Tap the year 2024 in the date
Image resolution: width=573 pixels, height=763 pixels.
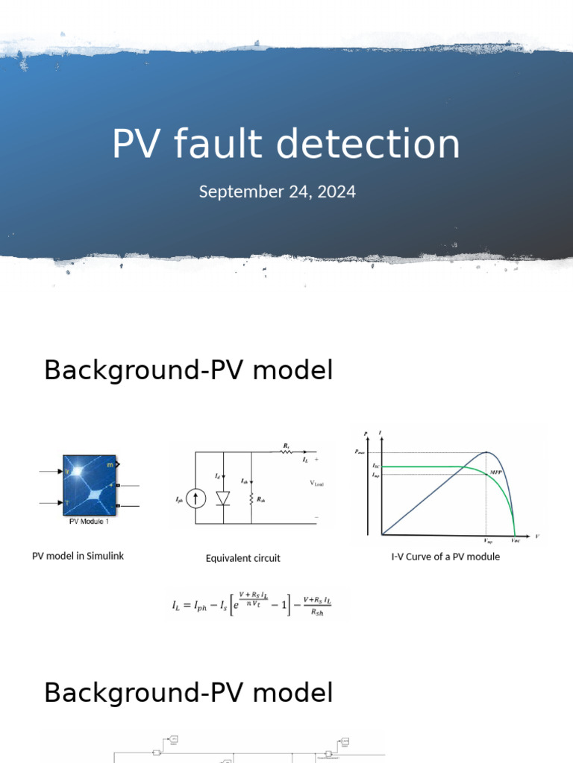click(336, 191)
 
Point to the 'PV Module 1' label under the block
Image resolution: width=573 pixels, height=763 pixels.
click(88, 522)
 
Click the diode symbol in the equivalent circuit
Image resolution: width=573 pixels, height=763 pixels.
click(222, 498)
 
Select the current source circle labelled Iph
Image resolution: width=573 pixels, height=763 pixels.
click(195, 499)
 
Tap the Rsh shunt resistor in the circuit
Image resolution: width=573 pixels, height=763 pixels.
click(252, 499)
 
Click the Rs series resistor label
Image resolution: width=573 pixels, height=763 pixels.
click(286, 446)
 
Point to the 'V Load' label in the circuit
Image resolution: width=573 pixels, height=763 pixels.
click(316, 484)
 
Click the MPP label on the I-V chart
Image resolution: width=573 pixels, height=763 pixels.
click(496, 472)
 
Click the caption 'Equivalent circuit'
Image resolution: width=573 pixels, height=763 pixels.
click(243, 558)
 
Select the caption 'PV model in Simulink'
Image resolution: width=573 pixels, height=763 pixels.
click(78, 556)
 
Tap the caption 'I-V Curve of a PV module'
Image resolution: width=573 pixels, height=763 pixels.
click(445, 557)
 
